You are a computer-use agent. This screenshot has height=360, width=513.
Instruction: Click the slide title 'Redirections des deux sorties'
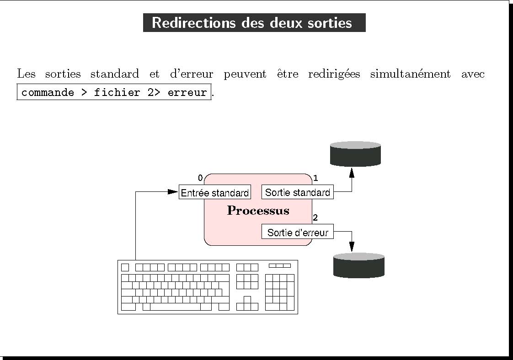[x=254, y=23]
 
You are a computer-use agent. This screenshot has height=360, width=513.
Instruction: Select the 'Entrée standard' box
[x=214, y=193]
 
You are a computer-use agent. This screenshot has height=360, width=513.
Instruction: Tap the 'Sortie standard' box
[x=297, y=192]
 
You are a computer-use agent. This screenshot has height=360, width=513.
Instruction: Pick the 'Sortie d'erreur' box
[x=297, y=232]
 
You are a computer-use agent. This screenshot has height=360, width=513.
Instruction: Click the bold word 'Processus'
[x=258, y=211]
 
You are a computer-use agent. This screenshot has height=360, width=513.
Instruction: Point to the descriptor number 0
[x=200, y=178]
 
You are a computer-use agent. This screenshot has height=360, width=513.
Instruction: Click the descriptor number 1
[x=315, y=178]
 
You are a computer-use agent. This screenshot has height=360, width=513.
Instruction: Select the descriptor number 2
[x=315, y=217]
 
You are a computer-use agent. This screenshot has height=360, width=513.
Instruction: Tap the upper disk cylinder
[x=355, y=154]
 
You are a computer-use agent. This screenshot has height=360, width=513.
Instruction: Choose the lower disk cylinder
[x=358, y=265]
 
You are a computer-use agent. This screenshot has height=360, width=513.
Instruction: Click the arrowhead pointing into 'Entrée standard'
[x=172, y=192]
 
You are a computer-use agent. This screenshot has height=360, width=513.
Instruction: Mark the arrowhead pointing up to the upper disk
[x=352, y=173]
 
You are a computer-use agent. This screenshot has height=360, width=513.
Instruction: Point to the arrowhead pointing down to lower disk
[x=352, y=246]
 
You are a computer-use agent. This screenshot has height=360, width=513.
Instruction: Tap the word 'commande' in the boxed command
[x=48, y=93]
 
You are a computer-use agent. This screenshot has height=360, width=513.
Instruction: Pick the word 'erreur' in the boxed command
[x=187, y=93]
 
